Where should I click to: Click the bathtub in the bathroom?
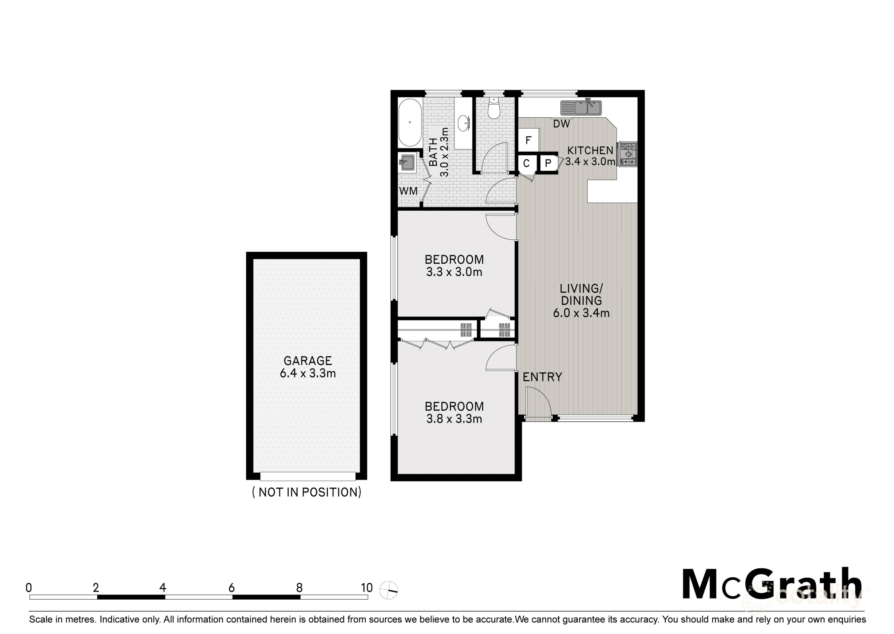(x=410, y=123)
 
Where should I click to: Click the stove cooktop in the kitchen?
(x=628, y=154)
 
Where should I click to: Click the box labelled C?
(x=526, y=163)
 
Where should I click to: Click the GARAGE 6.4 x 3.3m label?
(x=308, y=367)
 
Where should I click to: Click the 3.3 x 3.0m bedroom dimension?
(x=454, y=272)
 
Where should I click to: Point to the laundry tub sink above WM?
(x=408, y=162)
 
